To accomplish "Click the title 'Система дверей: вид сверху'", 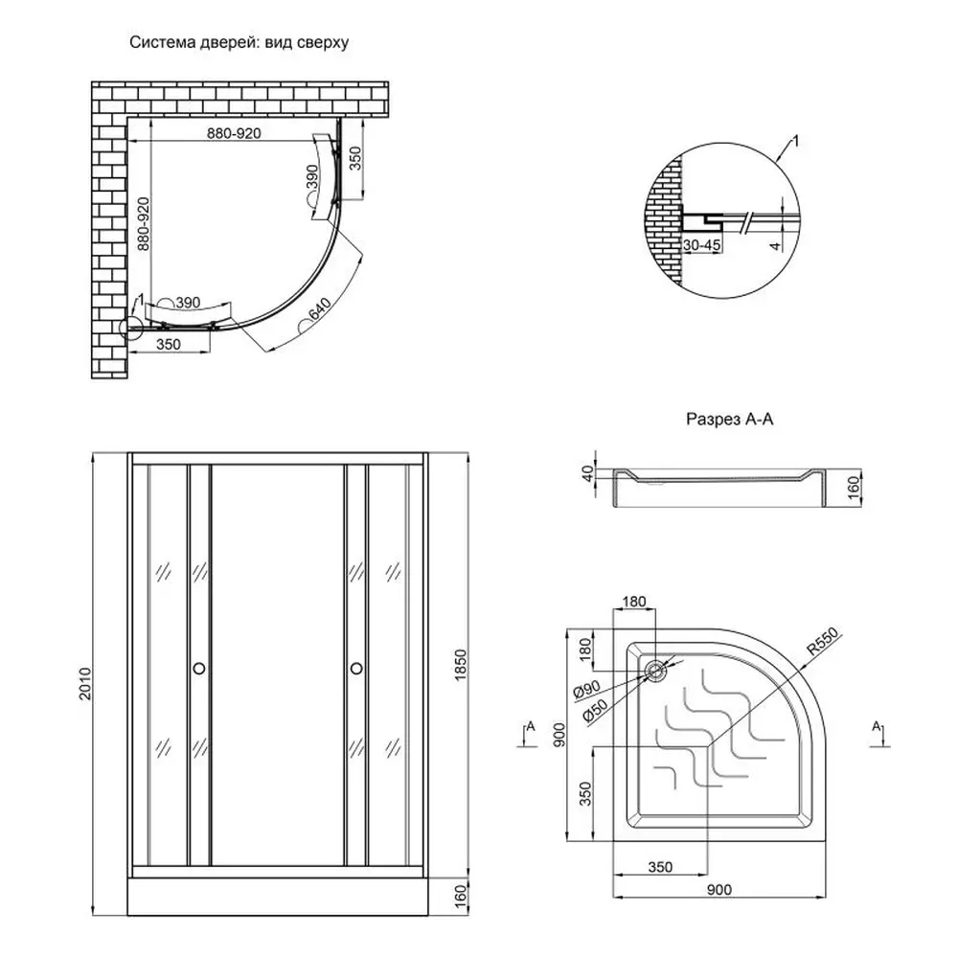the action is [239, 43].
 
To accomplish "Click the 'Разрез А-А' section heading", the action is [729, 420].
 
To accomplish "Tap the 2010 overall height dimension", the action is [85, 684].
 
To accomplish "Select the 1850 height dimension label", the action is [461, 666].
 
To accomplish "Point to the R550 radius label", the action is [823, 642].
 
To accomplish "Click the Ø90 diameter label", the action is [586, 690].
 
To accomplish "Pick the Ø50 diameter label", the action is [595, 711].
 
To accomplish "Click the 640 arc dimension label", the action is [320, 309].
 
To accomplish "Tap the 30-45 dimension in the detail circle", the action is [702, 245].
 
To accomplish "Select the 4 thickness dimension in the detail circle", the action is [775, 246].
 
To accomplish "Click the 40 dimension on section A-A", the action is [587, 473].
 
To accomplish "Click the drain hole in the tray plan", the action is [655, 671].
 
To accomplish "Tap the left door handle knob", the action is [198, 669].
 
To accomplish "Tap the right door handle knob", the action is [356, 669].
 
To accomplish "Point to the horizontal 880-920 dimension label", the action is [234, 133].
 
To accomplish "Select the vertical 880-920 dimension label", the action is [143, 223].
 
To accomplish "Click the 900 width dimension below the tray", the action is [719, 890].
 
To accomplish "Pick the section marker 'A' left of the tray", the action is [531, 726].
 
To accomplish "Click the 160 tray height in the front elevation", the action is [461, 897].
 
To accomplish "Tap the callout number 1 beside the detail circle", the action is [795, 142].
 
